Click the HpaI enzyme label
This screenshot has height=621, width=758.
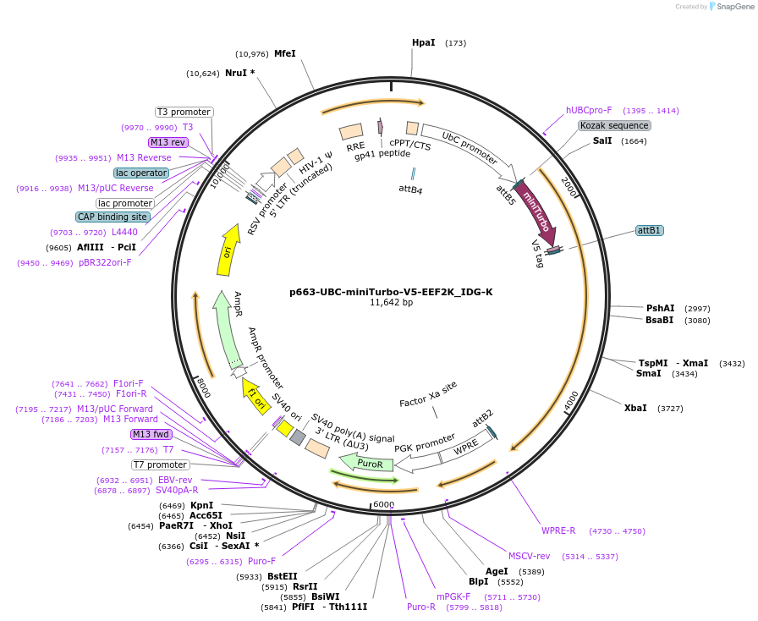(x=424, y=42)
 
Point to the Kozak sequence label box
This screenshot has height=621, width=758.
(x=614, y=125)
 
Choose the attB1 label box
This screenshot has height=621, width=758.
(x=650, y=230)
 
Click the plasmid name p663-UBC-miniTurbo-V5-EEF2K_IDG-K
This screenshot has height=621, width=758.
(x=391, y=292)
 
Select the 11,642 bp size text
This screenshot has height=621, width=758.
(x=391, y=303)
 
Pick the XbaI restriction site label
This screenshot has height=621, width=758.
(x=635, y=408)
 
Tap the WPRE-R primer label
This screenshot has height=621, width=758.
(x=558, y=530)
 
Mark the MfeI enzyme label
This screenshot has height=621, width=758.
(x=285, y=53)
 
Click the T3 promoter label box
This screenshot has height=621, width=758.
(x=184, y=112)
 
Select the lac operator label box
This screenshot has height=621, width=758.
(x=142, y=173)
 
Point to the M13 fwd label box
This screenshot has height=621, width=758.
(x=151, y=434)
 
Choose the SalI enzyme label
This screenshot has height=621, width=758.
(x=602, y=140)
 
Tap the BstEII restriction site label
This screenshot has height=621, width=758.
(x=283, y=575)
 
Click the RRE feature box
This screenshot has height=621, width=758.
(x=351, y=131)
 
